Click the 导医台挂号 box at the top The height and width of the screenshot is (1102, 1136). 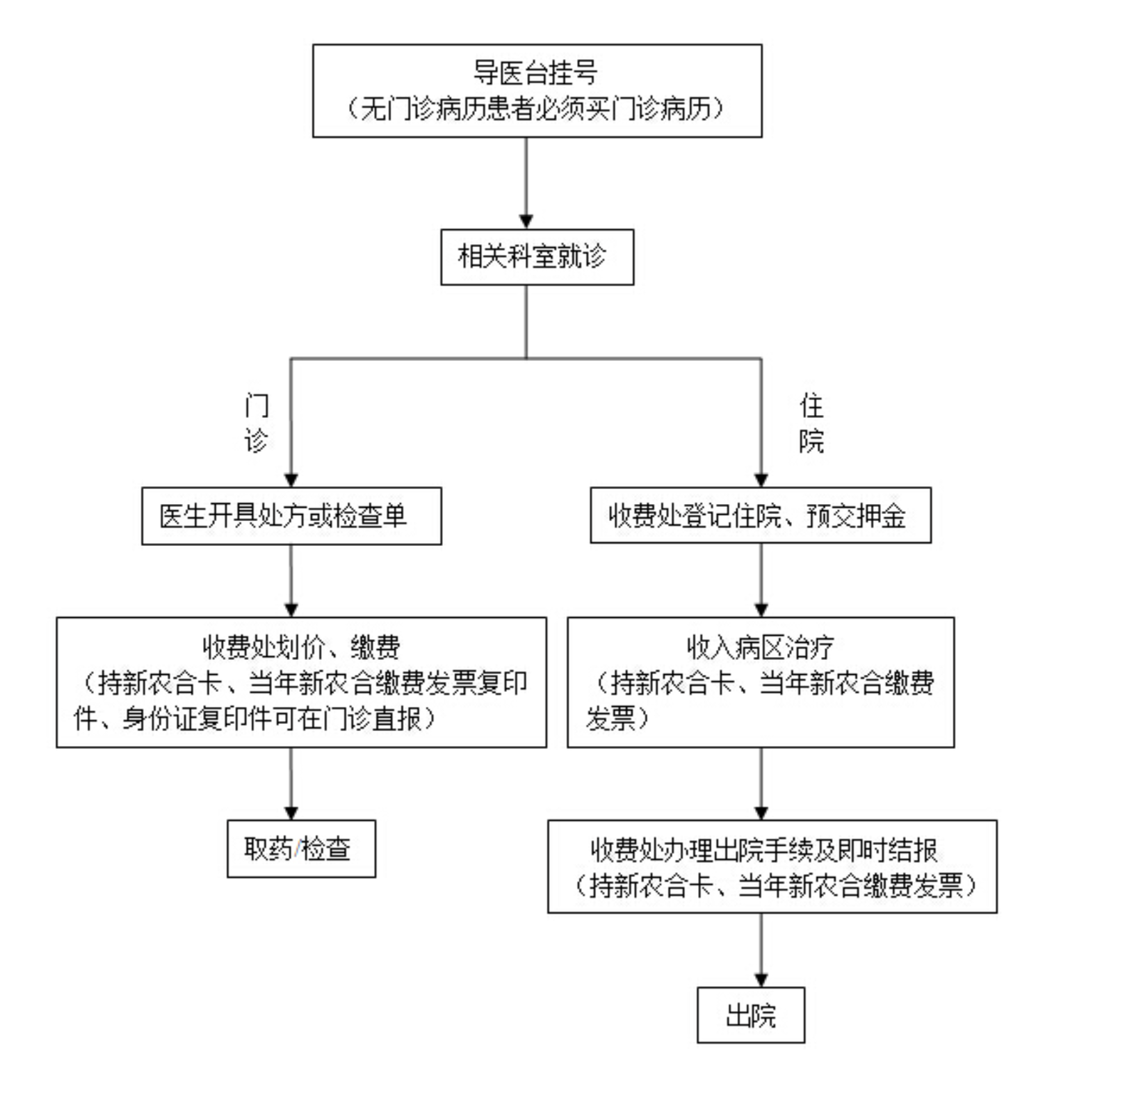(x=537, y=90)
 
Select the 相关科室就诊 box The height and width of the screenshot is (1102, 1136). (x=537, y=257)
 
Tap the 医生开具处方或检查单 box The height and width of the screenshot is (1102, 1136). (x=291, y=516)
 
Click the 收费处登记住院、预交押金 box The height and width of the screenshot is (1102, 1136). (x=761, y=515)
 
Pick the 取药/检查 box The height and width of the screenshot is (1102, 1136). (x=301, y=849)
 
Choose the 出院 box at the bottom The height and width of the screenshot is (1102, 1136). (x=751, y=1015)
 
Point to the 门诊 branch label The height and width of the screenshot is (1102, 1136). (x=256, y=423)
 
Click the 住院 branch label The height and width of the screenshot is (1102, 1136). (x=812, y=423)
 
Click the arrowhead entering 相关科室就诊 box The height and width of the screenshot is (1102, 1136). (x=526, y=221)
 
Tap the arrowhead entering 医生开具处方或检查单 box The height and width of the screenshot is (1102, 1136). (x=291, y=480)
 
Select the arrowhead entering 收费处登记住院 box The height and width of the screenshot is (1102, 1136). (x=761, y=480)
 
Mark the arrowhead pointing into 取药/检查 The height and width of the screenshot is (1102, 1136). (x=291, y=812)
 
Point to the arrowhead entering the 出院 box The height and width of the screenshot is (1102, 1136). (x=761, y=980)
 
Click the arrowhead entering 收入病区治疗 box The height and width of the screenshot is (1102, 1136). (x=761, y=610)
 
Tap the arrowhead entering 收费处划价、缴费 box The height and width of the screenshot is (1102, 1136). (x=291, y=610)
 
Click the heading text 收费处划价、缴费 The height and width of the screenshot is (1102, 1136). (x=301, y=647)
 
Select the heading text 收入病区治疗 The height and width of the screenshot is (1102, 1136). (x=760, y=647)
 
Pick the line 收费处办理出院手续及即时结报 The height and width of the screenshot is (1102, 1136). (x=764, y=850)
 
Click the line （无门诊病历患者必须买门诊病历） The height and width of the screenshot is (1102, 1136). (x=536, y=108)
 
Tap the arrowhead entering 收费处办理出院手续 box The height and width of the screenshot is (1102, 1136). (x=761, y=812)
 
